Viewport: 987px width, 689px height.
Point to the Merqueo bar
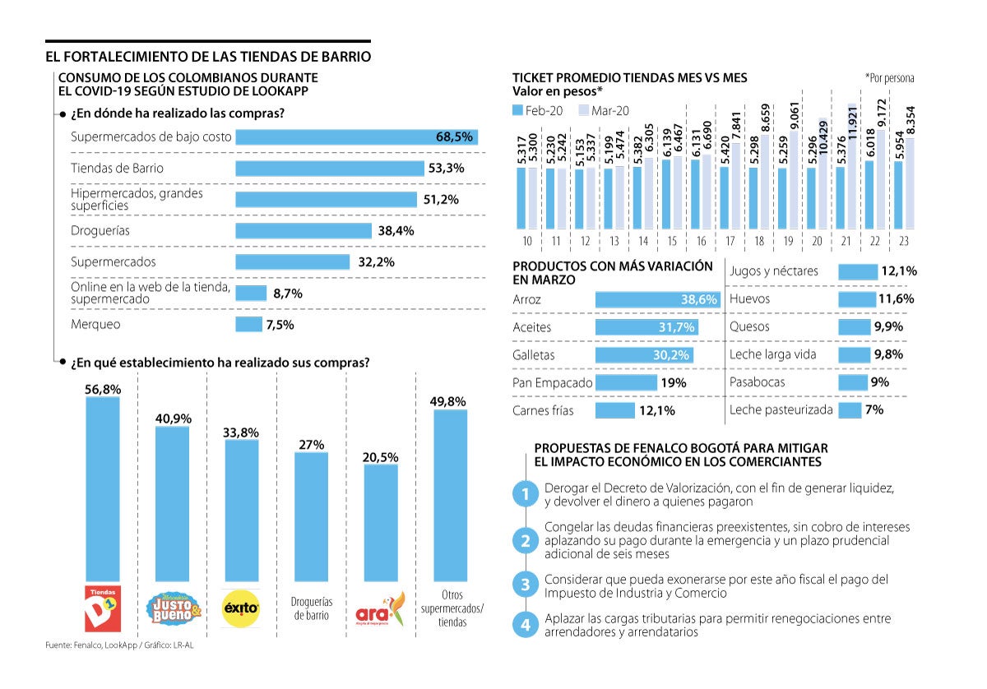click(248, 325)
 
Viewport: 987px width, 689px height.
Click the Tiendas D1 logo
click(103, 608)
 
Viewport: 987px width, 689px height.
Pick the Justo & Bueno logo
click(173, 608)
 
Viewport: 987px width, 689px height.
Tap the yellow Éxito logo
click(242, 609)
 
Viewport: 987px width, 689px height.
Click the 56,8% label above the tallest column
click(103, 390)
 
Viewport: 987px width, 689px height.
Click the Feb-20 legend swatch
click(517, 110)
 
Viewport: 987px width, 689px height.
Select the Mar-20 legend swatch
click(584, 110)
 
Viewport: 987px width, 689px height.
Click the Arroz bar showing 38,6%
click(657, 300)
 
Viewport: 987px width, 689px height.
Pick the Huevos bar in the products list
click(856, 299)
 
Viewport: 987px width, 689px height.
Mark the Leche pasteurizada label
click(781, 409)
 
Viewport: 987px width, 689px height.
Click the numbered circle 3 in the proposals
click(524, 585)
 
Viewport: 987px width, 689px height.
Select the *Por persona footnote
click(889, 77)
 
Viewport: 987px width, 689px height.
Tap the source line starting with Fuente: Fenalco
click(119, 645)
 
